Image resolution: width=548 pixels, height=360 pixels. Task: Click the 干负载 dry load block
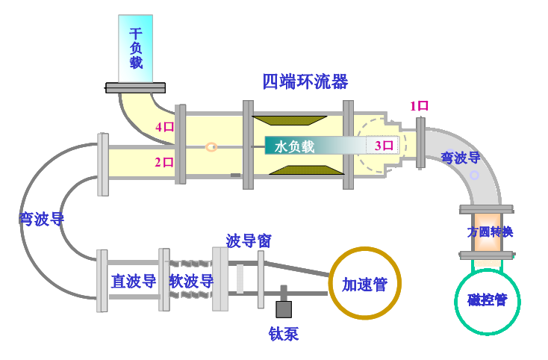[136, 49]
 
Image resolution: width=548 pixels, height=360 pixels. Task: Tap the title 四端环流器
[305, 82]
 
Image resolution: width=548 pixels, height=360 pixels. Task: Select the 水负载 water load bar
[332, 146]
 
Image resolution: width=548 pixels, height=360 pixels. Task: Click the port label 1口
[419, 106]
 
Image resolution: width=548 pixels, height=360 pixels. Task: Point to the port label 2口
[164, 162]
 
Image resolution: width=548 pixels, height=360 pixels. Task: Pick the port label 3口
[384, 146]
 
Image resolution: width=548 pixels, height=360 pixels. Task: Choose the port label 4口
[164, 127]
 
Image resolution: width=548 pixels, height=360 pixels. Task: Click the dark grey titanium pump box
[284, 309]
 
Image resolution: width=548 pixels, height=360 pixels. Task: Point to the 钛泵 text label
[284, 334]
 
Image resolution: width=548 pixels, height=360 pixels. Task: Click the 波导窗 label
[249, 240]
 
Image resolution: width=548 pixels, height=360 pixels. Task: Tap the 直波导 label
[134, 282]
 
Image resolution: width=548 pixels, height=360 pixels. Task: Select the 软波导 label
[191, 282]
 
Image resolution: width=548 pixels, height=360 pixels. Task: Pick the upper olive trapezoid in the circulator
[290, 120]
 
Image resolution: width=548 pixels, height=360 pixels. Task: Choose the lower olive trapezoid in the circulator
[307, 170]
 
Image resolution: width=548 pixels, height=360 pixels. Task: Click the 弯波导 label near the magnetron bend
[461, 158]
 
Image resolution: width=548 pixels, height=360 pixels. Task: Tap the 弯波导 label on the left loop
[42, 219]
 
